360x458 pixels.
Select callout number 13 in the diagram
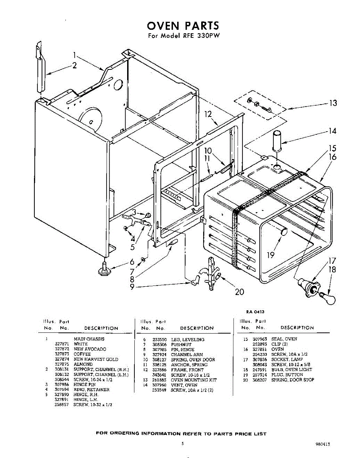(333, 103)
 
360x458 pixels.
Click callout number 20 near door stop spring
(239, 292)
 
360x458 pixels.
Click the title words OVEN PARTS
(183, 26)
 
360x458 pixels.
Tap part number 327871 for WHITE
(61, 344)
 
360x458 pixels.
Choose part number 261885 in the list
(159, 380)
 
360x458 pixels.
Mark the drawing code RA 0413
(255, 312)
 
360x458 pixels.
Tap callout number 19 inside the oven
(271, 255)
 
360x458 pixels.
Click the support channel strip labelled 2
(40, 69)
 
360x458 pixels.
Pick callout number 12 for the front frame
(207, 114)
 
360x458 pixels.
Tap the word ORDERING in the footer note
(124, 434)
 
